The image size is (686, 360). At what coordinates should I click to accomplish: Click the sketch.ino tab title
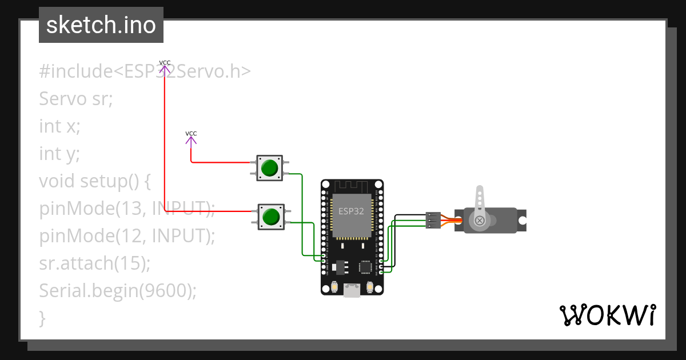tap(101, 25)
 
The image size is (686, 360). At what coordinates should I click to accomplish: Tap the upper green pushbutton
tap(269, 168)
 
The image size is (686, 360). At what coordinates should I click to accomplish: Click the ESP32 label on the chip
tap(351, 210)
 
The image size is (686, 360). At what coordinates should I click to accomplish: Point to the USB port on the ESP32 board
tap(352, 291)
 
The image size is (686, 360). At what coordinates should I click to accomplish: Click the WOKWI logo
tap(607, 315)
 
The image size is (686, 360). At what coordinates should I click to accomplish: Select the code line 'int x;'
tap(59, 126)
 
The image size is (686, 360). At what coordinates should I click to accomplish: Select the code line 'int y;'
tap(59, 154)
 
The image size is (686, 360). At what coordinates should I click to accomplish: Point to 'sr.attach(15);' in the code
tap(95, 263)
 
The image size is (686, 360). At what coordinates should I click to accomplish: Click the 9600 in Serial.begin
tap(165, 291)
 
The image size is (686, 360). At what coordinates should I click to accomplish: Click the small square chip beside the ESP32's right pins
tap(365, 267)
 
